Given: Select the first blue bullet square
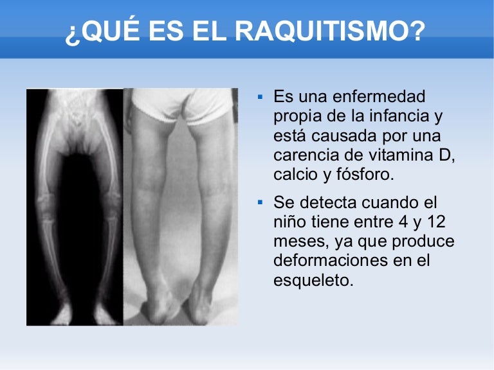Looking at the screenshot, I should coord(260,98).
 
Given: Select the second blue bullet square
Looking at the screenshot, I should coord(260,203).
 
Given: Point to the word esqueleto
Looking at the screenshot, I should coord(314,280).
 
